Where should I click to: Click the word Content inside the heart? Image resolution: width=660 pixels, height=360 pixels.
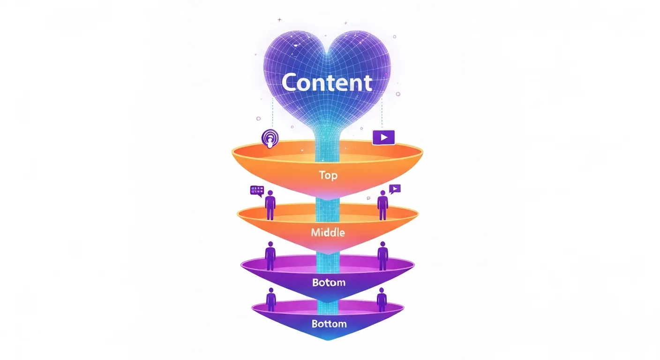click(327, 83)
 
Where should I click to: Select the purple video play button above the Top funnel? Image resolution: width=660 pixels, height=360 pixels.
click(384, 137)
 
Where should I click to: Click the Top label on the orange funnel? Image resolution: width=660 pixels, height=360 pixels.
click(328, 175)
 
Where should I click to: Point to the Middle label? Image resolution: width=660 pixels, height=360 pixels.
click(328, 232)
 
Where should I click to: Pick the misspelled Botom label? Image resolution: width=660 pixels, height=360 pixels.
click(328, 283)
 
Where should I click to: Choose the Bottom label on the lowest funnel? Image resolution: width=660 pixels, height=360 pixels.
click(329, 323)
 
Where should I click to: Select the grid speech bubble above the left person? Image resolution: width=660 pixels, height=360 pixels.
click(257, 190)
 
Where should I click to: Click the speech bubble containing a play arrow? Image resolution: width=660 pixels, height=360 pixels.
click(395, 189)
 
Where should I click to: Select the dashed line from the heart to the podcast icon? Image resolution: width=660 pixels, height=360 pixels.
click(273, 115)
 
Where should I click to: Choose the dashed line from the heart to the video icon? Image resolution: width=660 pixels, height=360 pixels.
click(382, 112)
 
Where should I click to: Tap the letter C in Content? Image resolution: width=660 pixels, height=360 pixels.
click(291, 83)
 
